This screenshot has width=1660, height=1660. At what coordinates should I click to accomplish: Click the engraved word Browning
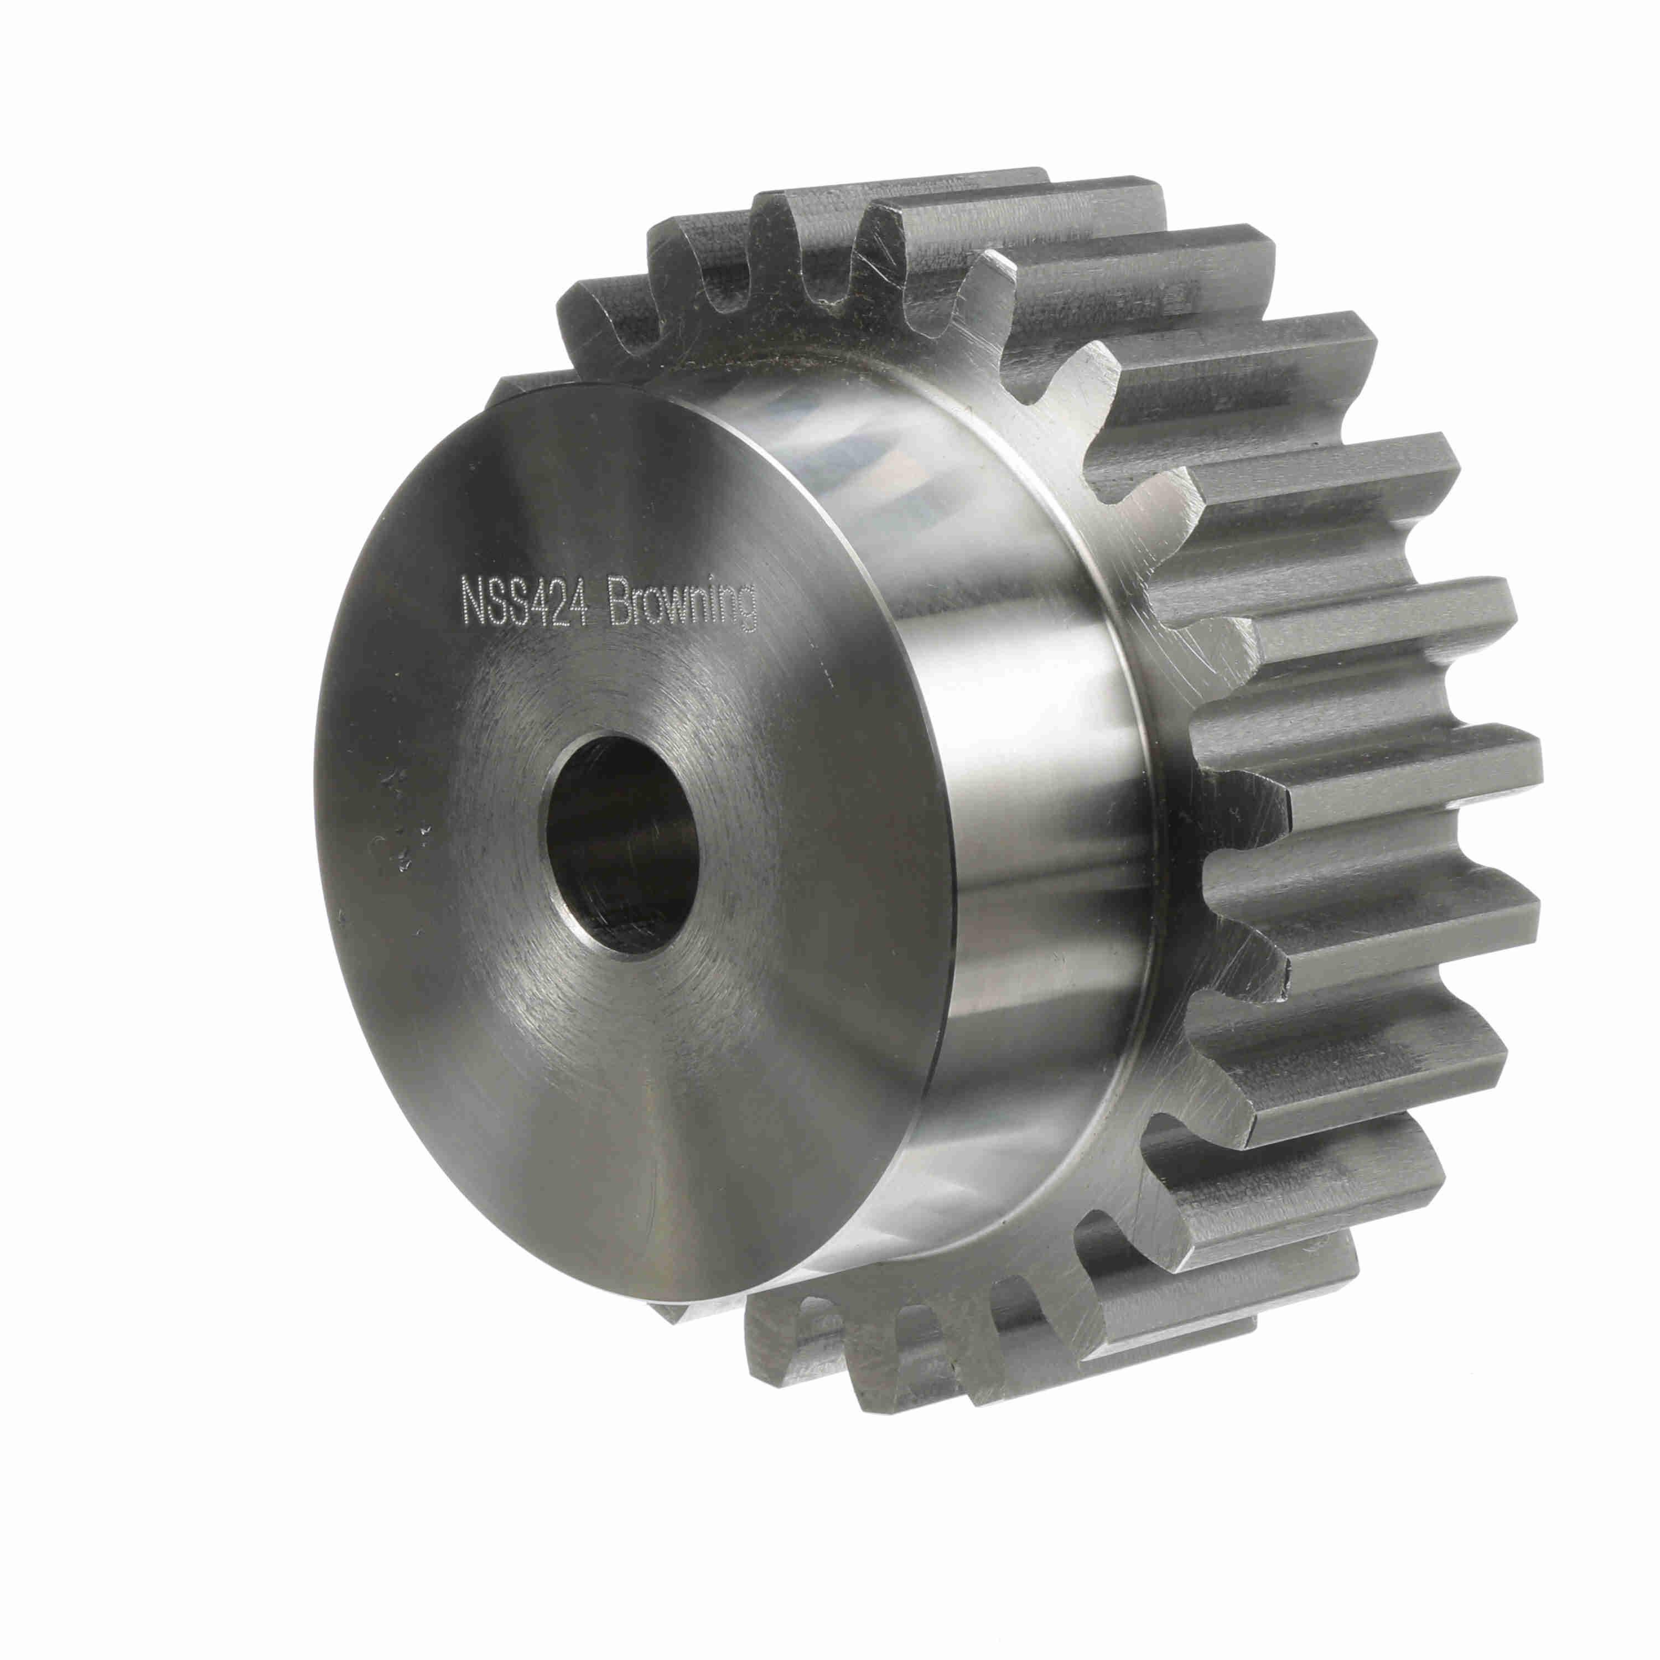681,609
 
